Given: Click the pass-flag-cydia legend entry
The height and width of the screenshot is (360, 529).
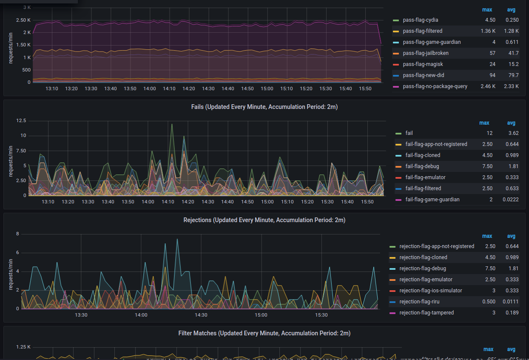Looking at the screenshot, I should tap(420, 20).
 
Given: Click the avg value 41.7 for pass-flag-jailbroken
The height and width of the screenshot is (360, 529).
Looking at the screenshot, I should tap(514, 53).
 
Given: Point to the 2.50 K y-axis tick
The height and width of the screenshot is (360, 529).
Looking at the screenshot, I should tap(23, 20).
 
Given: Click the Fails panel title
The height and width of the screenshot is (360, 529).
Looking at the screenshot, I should tap(264, 107).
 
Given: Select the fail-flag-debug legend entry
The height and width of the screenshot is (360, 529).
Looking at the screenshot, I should tap(422, 166).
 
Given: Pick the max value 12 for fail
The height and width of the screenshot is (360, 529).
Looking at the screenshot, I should tap(490, 133).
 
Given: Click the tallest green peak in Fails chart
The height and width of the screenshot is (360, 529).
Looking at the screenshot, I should tap(172, 124).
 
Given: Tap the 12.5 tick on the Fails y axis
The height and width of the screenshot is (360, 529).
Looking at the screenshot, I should tap(21, 121).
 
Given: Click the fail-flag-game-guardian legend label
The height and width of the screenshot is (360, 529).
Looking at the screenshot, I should tap(432, 200).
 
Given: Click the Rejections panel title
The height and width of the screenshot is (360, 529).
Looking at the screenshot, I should tap(264, 220).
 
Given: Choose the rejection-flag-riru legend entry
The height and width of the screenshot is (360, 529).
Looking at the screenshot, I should tap(419, 302).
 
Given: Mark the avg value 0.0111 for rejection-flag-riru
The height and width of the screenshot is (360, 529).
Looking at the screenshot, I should tap(511, 302).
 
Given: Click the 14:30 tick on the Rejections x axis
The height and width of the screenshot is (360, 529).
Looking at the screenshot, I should tap(201, 315).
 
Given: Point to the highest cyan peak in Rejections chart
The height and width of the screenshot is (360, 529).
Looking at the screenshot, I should tap(177, 239).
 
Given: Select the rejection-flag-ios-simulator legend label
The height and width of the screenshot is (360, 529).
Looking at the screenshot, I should tap(431, 291).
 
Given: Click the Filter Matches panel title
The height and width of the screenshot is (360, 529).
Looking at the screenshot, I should tap(264, 333).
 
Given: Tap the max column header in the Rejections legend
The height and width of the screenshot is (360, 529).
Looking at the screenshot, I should tap(487, 236).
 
